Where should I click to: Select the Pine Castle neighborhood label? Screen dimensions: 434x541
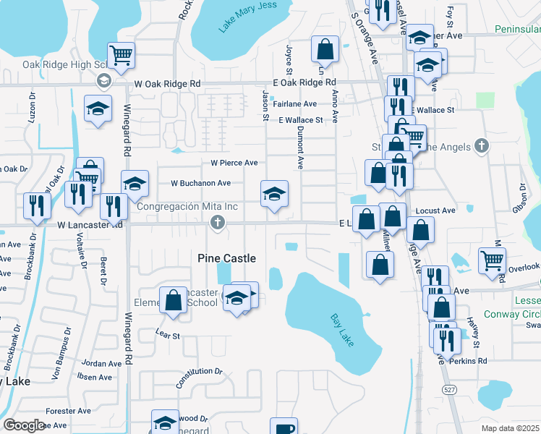227,258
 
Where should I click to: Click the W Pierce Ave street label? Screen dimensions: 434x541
234,163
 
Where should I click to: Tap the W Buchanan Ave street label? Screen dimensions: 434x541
200,183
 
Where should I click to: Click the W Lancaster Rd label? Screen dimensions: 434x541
90,225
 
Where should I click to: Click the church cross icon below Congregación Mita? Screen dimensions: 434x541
217,225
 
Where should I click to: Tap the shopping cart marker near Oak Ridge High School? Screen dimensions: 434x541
122,54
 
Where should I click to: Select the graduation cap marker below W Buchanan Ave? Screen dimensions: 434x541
274,193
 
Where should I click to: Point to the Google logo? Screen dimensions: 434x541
23,425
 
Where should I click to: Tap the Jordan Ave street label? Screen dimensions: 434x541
97,363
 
